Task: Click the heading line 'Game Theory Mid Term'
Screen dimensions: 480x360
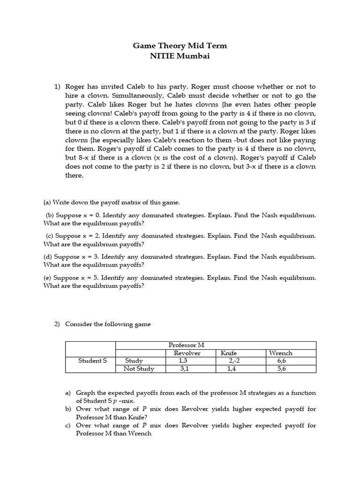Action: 180,46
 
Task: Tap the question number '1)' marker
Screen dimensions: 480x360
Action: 58,87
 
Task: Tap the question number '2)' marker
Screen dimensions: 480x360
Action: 58,324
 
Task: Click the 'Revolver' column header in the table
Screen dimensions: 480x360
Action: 187,353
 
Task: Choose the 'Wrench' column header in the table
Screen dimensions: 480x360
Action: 280,353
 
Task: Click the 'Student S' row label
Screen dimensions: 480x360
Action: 92,360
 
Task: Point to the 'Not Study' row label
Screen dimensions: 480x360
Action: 139,368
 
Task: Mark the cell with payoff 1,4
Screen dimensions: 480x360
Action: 232,368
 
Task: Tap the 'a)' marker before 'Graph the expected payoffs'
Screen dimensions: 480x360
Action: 68,393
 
